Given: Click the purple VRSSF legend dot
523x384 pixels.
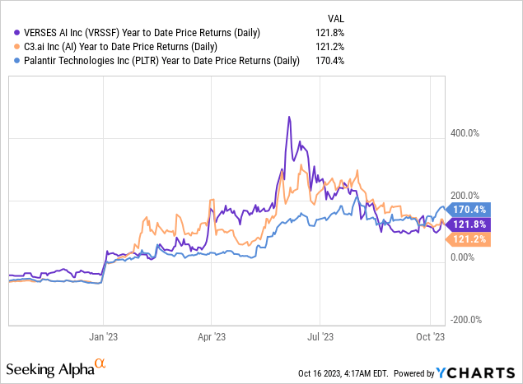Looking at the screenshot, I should pyautogui.click(x=12, y=32).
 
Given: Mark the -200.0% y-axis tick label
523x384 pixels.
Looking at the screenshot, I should pyautogui.click(x=466, y=320).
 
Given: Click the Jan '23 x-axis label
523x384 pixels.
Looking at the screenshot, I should pyautogui.click(x=105, y=335).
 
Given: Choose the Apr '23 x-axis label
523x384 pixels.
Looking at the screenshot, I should pyautogui.click(x=212, y=335).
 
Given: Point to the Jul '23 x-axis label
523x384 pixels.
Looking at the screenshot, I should pyautogui.click(x=320, y=335).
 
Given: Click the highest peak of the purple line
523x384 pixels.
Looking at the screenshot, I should pyautogui.click(x=289, y=118).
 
